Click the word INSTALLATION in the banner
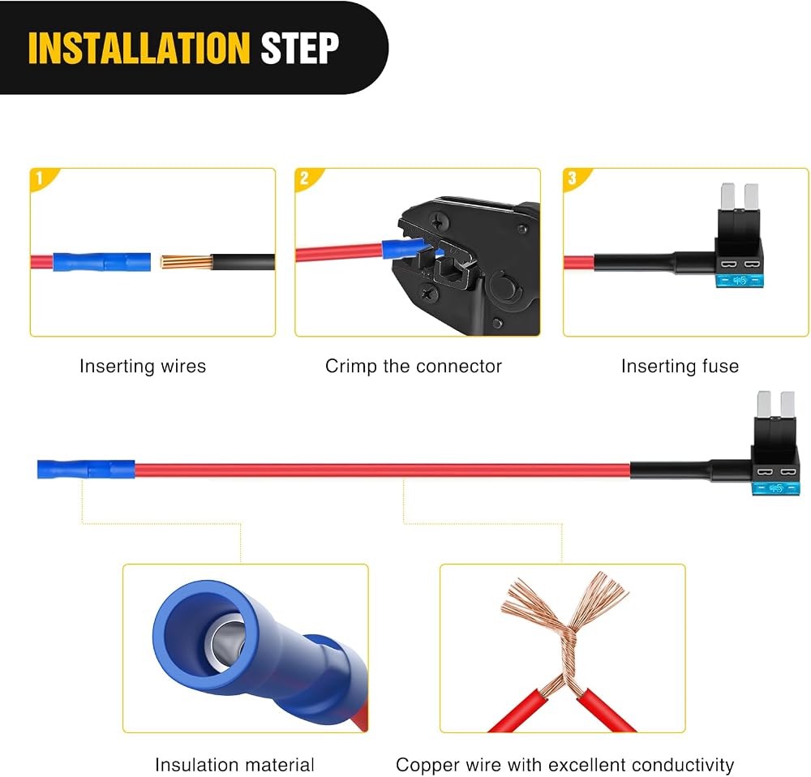point(139,48)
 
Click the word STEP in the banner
point(300,48)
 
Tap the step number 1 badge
point(40,178)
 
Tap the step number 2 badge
point(304,178)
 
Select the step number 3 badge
point(572,178)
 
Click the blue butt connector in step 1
point(102,262)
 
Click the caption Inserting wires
point(143,367)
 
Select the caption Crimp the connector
point(414,367)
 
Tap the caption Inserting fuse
point(680,367)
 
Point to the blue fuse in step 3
point(740,281)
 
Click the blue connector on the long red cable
point(86,469)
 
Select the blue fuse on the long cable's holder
point(776,488)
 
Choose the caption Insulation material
point(234,765)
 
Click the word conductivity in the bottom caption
point(683,765)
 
